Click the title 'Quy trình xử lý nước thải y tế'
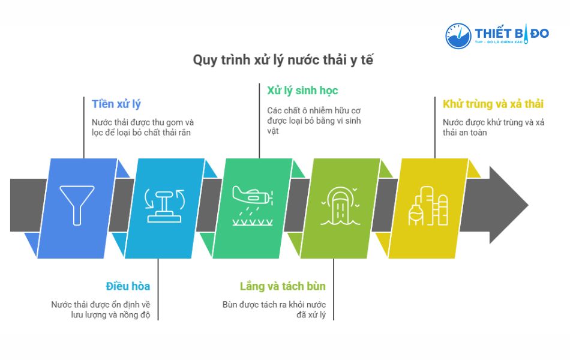click(x=283, y=60)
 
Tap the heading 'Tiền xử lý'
click(x=116, y=104)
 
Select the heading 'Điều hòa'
click(x=128, y=286)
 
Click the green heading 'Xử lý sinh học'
click(x=302, y=91)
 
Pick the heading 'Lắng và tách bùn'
click(x=283, y=287)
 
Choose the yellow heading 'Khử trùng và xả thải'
click(x=493, y=104)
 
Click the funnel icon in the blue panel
click(x=77, y=205)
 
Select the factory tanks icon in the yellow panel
click(x=428, y=206)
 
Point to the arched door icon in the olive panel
click(x=340, y=206)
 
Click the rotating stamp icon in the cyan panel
click(x=164, y=205)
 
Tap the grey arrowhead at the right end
click(x=509, y=205)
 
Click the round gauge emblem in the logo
click(x=458, y=36)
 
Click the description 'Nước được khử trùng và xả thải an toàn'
click(x=493, y=127)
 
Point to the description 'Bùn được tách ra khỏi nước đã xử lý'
click(x=274, y=310)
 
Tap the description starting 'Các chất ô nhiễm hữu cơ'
click(x=314, y=121)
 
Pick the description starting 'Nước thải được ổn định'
click(x=101, y=310)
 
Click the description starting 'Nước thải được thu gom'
click(x=143, y=127)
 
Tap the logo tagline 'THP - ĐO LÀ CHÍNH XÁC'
click(x=499, y=42)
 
